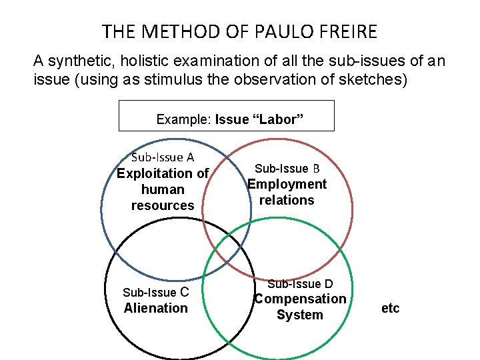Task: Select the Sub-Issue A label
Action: (x=163, y=157)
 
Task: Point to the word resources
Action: (x=163, y=205)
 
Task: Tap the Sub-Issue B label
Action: (x=287, y=169)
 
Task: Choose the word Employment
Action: (x=287, y=184)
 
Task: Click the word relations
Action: (x=287, y=200)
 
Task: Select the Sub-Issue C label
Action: (x=156, y=292)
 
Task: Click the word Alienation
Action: (x=156, y=308)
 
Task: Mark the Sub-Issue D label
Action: (x=300, y=285)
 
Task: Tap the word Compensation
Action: (x=300, y=299)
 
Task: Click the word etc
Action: (x=391, y=308)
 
